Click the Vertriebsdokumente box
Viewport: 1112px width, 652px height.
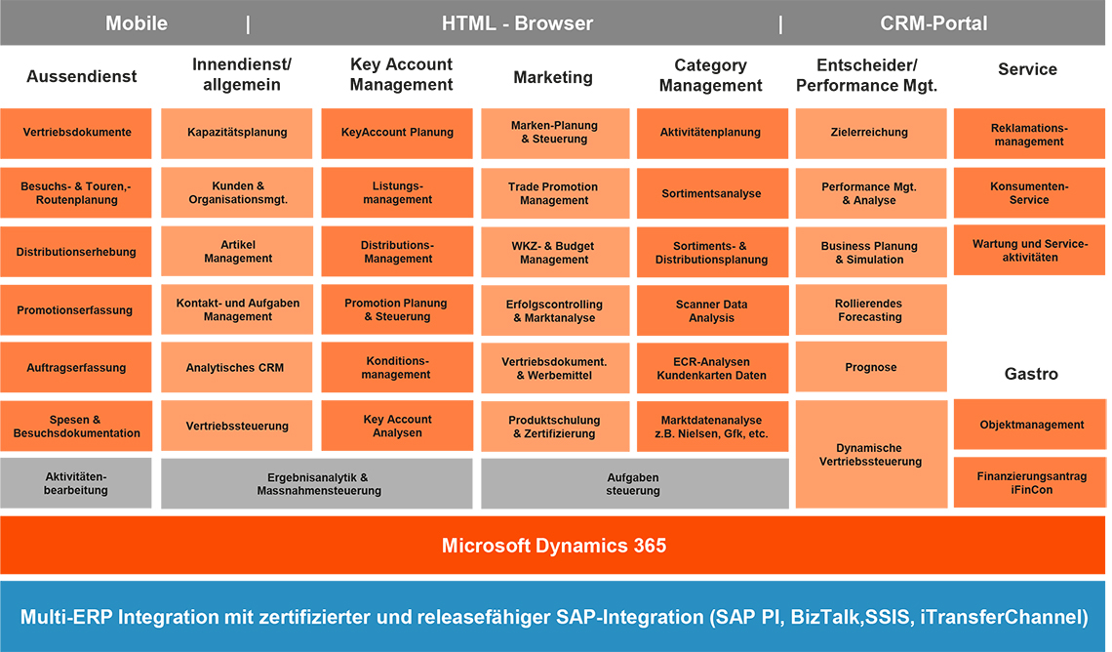[76, 133]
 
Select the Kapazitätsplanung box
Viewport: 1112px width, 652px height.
[237, 133]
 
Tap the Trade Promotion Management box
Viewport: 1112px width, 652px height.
[555, 193]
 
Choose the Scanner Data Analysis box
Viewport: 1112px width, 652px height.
[712, 310]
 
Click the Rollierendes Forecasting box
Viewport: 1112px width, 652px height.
[871, 310]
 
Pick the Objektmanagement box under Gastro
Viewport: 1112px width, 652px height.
[1030, 425]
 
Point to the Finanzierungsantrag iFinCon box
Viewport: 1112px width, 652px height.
[1030, 482]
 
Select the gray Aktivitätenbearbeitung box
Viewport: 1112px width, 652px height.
[76, 483]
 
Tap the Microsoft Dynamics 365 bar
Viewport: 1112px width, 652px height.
[553, 545]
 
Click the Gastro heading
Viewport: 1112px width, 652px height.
[1030, 374]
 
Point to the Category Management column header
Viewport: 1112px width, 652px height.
[710, 75]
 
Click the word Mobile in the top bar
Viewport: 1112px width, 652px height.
[137, 23]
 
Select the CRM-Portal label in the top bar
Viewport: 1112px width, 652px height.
[933, 23]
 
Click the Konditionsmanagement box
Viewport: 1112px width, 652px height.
[397, 368]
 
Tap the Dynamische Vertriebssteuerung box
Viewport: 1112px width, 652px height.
[871, 454]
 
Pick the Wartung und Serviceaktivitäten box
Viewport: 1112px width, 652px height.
[1030, 251]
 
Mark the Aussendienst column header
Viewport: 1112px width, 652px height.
[82, 76]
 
